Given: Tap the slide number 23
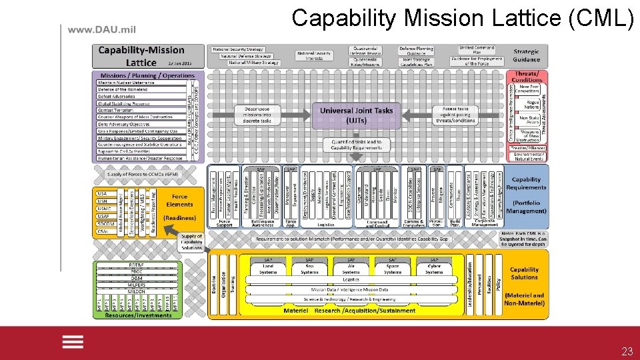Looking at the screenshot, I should click(627, 351).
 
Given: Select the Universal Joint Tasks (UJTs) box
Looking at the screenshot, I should click(357, 114).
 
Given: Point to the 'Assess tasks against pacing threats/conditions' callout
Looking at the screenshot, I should click(455, 114).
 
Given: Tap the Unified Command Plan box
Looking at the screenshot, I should click(476, 49).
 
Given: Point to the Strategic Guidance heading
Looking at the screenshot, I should click(526, 55).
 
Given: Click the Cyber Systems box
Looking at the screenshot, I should click(434, 269).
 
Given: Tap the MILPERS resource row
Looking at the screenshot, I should click(136, 285).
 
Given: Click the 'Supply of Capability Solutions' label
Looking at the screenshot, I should click(191, 241).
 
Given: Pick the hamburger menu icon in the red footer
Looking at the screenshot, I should click(73, 341).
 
